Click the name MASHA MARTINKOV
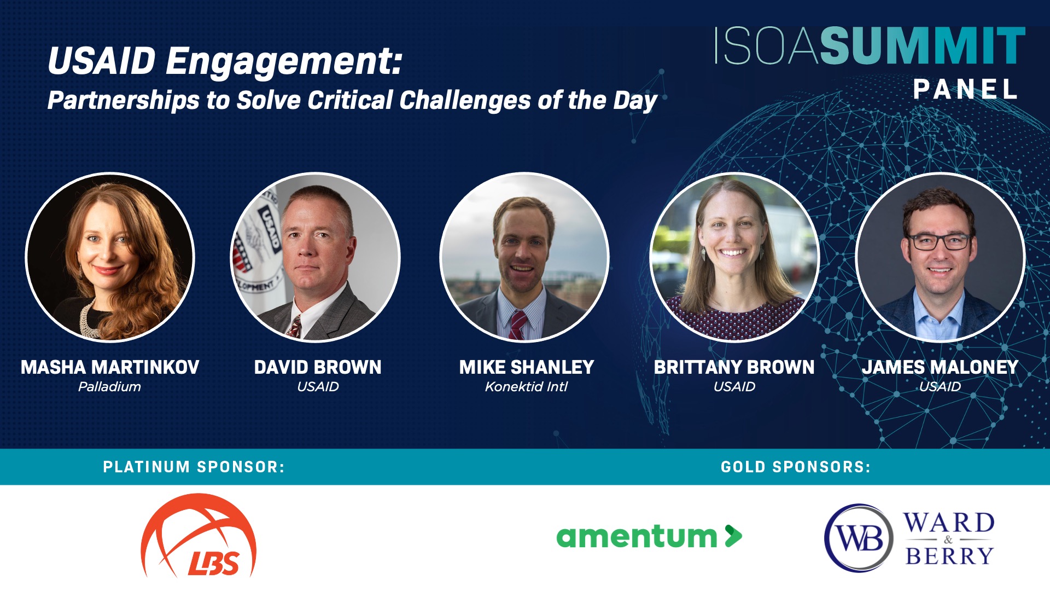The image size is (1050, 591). click(110, 367)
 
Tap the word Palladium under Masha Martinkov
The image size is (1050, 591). click(109, 387)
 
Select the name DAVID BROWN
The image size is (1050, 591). click(318, 367)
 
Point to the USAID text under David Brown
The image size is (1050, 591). click(318, 387)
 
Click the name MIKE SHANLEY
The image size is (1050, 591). click(527, 367)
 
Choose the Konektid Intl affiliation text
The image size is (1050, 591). click(526, 387)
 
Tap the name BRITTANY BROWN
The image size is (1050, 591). click(734, 367)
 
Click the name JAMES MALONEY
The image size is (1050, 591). click(940, 367)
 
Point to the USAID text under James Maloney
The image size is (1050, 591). click(940, 387)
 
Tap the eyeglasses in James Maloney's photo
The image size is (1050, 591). click(939, 241)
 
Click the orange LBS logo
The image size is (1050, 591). click(199, 536)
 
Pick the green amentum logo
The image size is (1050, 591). click(649, 536)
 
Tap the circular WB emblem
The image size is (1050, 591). click(859, 538)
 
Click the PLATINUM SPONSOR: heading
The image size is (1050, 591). click(194, 467)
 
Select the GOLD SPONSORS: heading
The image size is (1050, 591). click(796, 467)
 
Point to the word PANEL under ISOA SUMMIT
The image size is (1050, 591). click(966, 89)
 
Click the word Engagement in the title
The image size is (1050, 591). click(284, 61)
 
